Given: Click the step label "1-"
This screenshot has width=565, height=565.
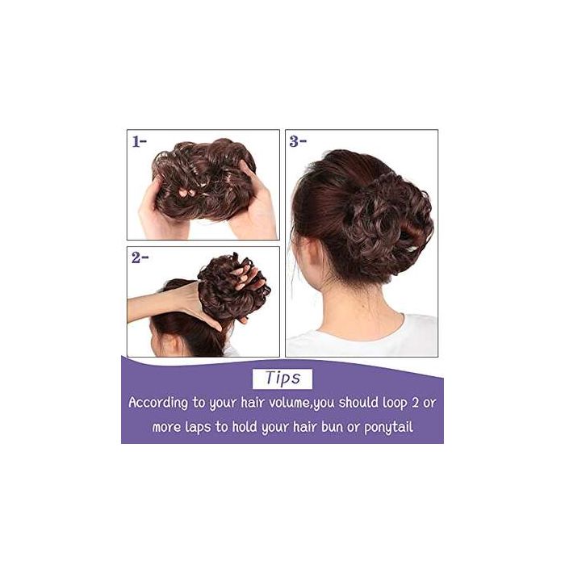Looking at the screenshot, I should [139, 140].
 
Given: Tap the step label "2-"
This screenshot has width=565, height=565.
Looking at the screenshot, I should [139, 259].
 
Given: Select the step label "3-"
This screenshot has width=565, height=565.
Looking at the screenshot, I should [299, 140].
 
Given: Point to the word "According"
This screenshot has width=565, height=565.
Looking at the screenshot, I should [165, 403].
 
